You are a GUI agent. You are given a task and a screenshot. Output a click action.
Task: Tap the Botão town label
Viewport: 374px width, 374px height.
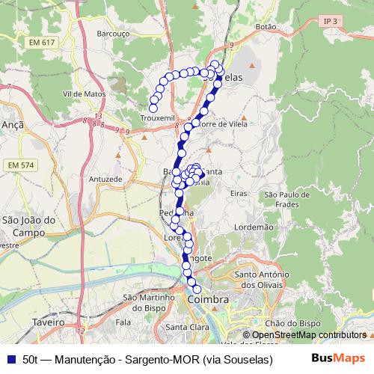point(266,25)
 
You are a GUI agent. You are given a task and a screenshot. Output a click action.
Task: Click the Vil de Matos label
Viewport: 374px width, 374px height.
point(84,94)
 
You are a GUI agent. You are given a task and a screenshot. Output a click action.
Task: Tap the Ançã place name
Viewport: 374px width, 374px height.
point(14,125)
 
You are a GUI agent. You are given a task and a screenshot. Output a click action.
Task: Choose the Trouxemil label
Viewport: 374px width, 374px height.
point(158,118)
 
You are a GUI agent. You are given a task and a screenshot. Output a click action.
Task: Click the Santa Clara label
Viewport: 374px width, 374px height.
point(187,327)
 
